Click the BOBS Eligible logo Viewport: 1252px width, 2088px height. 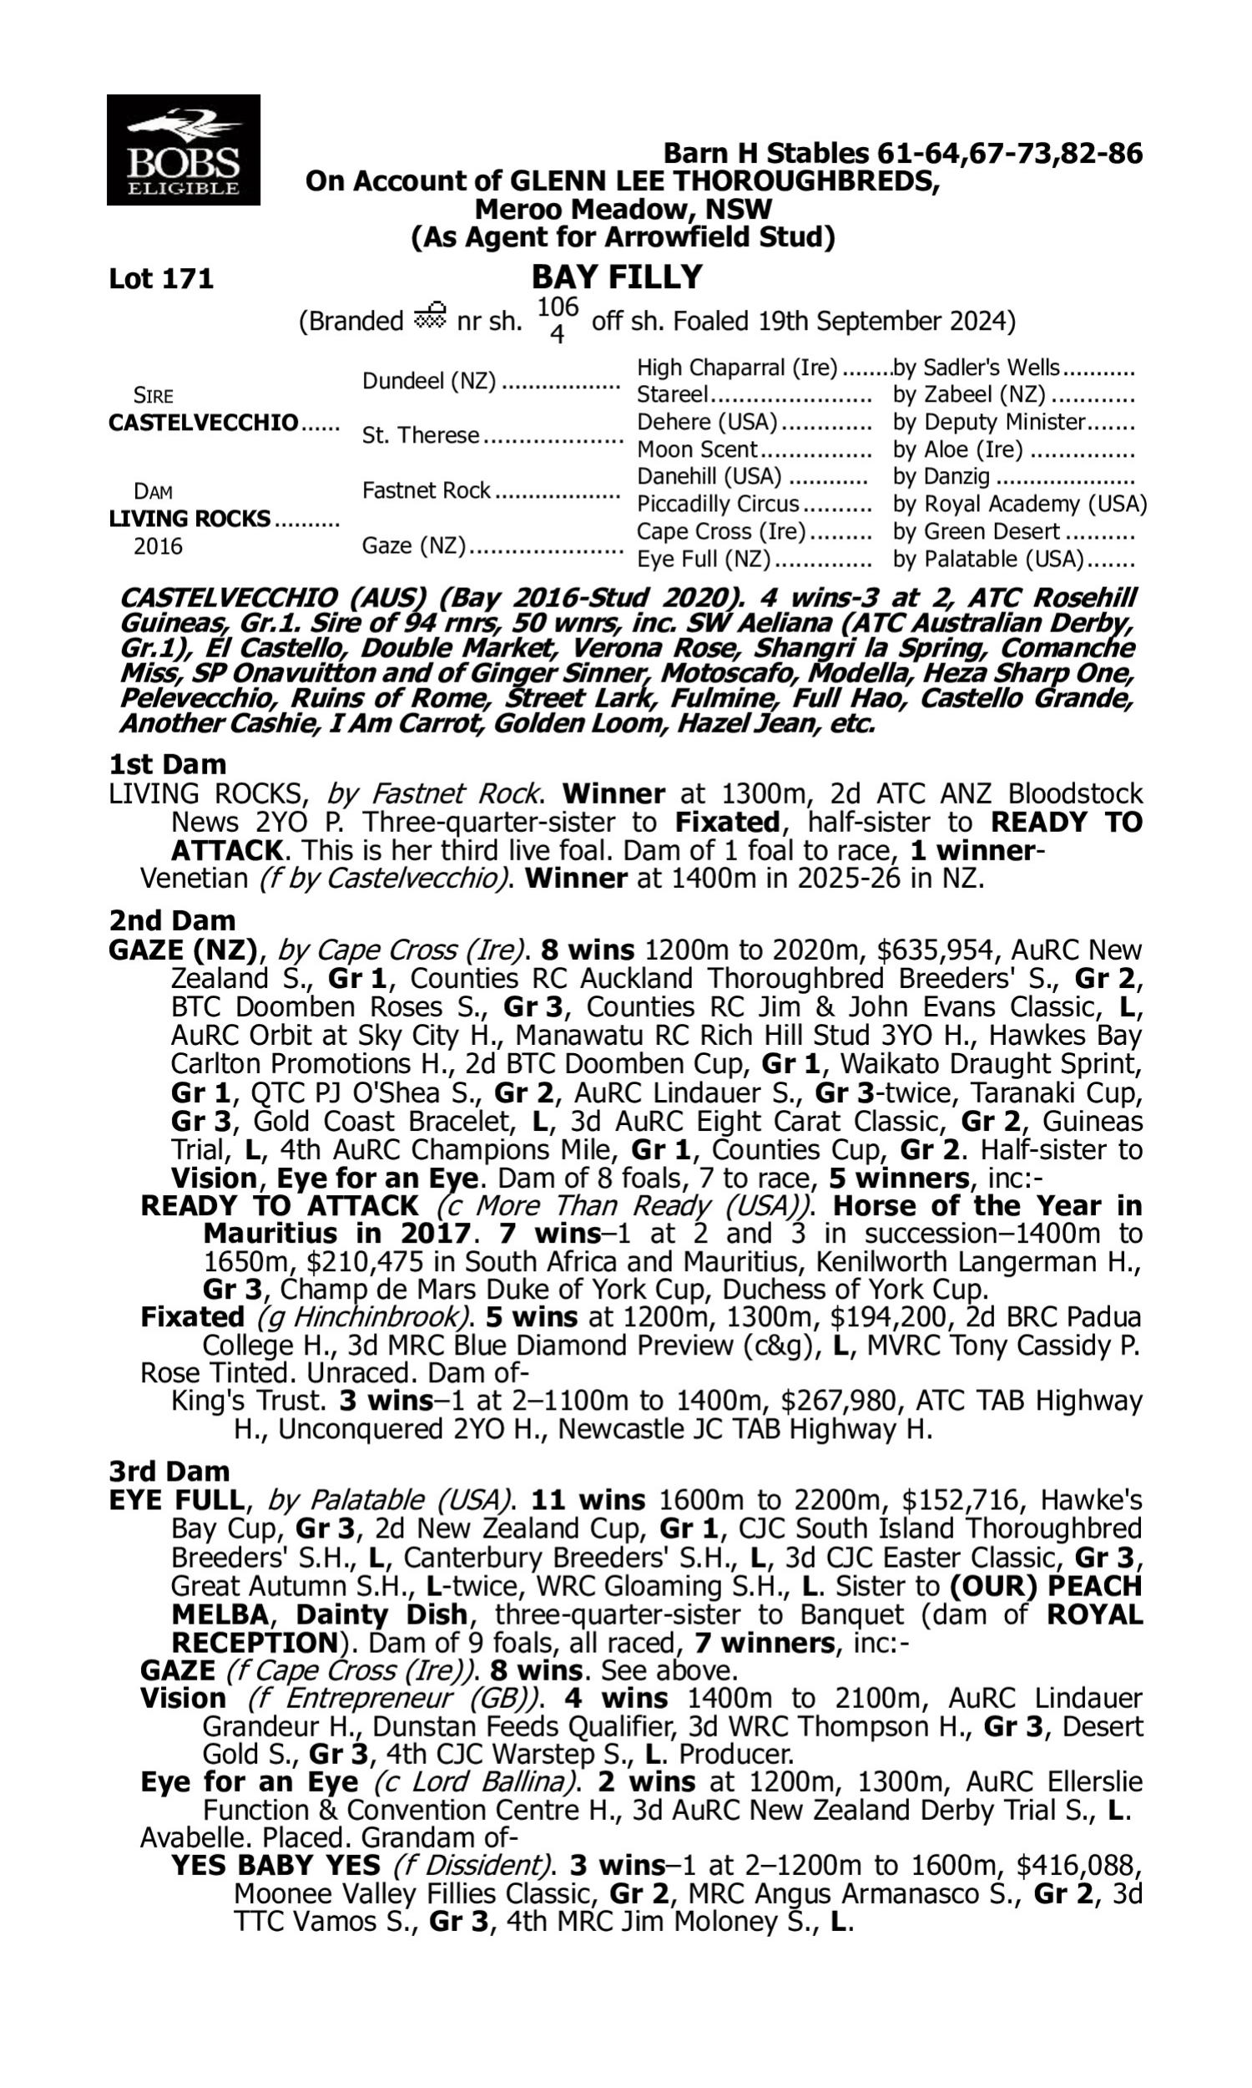pyautogui.click(x=183, y=150)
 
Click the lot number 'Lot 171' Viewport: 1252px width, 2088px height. pyautogui.click(x=161, y=278)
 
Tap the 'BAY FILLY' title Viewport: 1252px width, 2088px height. pyautogui.click(x=617, y=276)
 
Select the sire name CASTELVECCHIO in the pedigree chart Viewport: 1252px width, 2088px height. pyautogui.click(x=204, y=422)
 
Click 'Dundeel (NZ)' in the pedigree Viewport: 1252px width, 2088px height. pyautogui.click(x=429, y=381)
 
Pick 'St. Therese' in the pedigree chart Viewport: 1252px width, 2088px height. pyautogui.click(x=420, y=435)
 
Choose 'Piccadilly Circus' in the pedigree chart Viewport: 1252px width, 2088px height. pyautogui.click(x=717, y=504)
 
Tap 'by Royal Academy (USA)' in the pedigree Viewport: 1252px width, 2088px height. pyautogui.click(x=1020, y=504)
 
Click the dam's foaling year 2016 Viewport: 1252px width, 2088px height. pyautogui.click(x=158, y=547)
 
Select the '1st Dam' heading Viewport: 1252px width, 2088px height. pyautogui.click(x=168, y=765)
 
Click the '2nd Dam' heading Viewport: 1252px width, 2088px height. pyautogui.click(x=172, y=920)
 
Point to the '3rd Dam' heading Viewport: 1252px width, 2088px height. pyautogui.click(x=169, y=1471)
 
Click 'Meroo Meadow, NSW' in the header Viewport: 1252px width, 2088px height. pyautogui.click(x=623, y=209)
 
